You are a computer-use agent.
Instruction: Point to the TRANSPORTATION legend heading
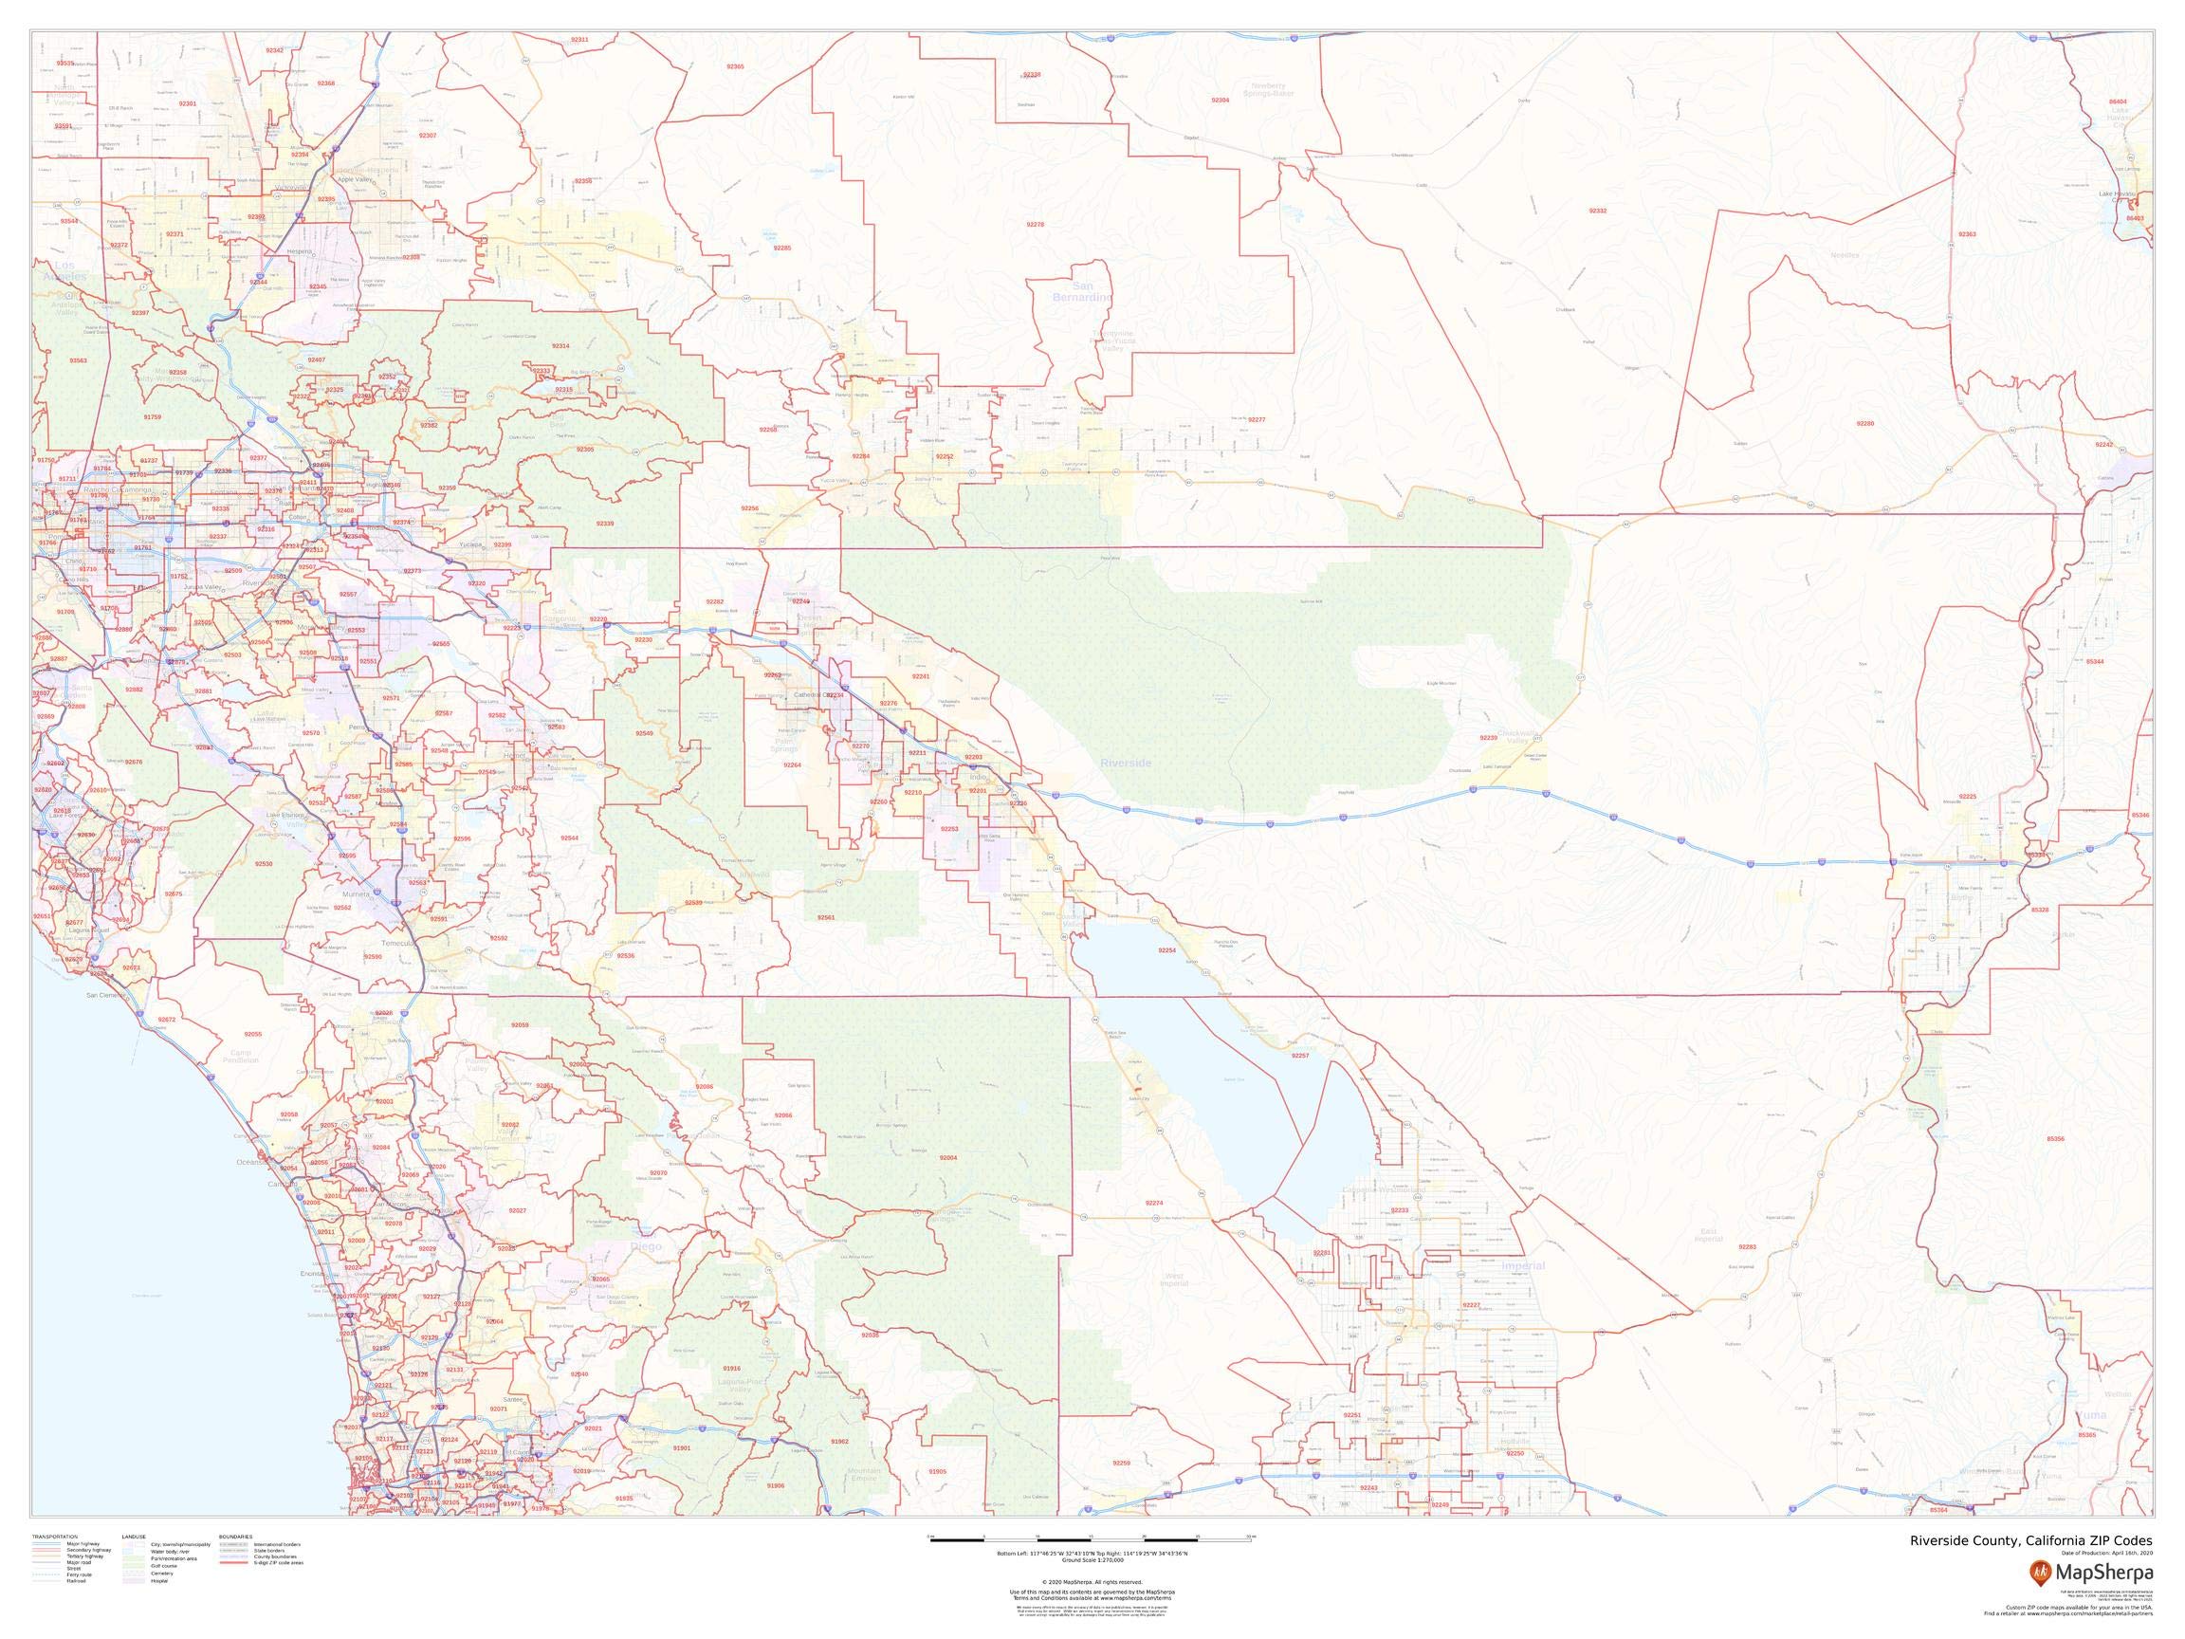tap(54, 1538)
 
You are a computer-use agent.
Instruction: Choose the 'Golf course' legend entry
tap(163, 1566)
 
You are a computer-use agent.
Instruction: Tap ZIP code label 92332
tap(1597, 212)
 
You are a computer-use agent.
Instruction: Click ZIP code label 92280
tap(1864, 423)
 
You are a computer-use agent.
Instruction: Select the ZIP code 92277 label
tap(1257, 420)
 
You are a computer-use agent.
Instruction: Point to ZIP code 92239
tap(1488, 738)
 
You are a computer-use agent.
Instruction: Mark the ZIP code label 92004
tap(948, 1157)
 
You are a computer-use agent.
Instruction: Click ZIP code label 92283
tap(1748, 1246)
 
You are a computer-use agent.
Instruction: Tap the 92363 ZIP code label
tap(1967, 234)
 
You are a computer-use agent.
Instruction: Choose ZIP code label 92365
tap(735, 66)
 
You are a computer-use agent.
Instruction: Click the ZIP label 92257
tap(1300, 1056)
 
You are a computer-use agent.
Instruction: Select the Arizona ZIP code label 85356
tap(2056, 1139)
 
